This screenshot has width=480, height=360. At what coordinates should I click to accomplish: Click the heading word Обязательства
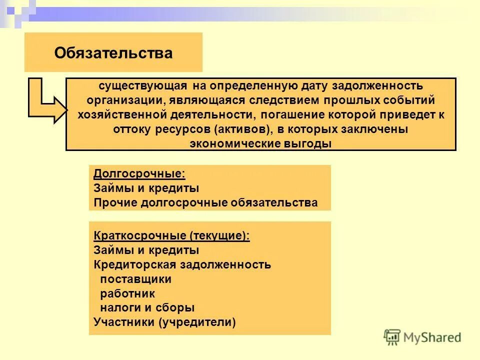tap(113, 53)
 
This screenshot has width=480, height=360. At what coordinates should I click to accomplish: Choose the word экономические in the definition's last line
tap(229, 143)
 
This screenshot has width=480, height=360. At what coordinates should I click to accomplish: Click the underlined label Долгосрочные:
tap(139, 174)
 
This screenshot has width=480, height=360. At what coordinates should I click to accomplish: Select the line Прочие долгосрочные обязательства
tap(205, 202)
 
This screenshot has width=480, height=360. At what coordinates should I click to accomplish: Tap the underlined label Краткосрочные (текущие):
tap(171, 236)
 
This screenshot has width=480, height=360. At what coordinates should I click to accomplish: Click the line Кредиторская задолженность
tap(182, 264)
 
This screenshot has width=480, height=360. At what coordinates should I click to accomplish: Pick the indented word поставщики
tap(135, 279)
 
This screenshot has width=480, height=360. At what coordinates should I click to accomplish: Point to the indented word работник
tap(127, 293)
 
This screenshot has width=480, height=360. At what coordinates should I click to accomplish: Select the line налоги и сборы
tap(147, 308)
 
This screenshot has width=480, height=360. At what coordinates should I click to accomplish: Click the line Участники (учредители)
tap(164, 322)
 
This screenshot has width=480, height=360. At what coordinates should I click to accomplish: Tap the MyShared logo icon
tap(392, 337)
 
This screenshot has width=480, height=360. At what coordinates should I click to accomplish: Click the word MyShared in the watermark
tap(433, 337)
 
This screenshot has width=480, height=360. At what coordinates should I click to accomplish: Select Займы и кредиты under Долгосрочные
tap(146, 188)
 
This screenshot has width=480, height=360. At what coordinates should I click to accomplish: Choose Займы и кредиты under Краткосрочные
tap(146, 250)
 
